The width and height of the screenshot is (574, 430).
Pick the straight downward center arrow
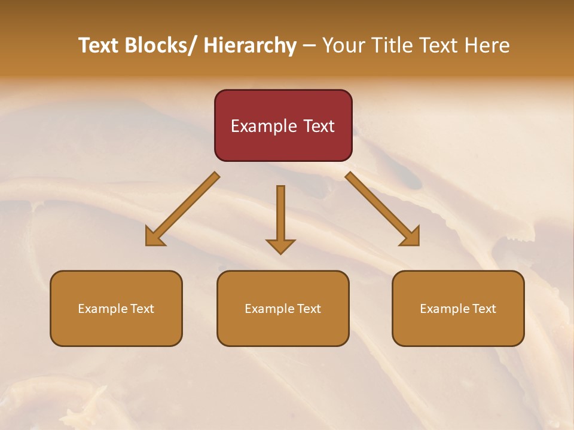(x=280, y=215)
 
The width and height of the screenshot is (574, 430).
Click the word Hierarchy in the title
(x=250, y=45)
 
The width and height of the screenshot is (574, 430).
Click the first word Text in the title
(x=99, y=45)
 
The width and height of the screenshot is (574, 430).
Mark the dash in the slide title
(x=309, y=46)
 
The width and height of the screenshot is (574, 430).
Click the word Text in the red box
(x=318, y=126)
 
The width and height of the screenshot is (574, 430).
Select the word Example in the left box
(x=102, y=309)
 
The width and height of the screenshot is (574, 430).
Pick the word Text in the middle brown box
(x=308, y=309)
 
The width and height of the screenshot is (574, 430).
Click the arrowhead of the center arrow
(x=280, y=245)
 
